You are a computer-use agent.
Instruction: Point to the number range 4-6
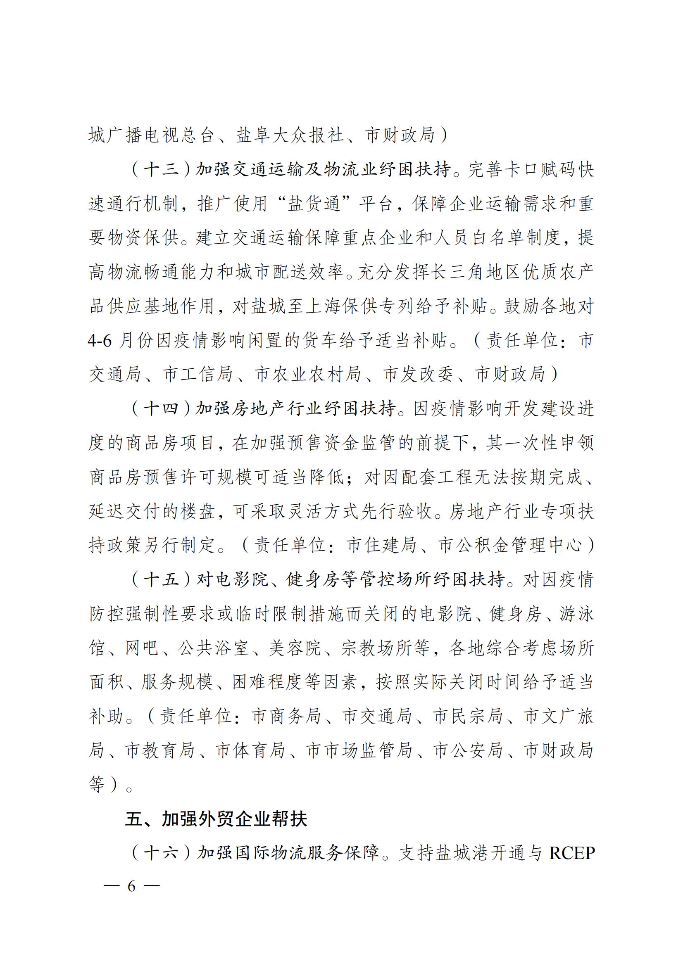100,340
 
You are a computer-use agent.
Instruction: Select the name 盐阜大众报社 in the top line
290,135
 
